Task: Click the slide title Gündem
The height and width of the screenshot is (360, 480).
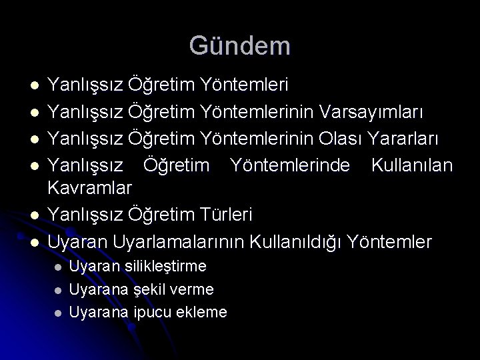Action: [239, 45]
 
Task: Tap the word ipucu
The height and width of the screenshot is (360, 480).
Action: [153, 311]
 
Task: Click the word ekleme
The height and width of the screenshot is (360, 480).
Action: [203, 311]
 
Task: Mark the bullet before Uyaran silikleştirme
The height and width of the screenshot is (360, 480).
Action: [58, 267]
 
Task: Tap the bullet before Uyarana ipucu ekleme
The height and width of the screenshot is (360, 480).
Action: [58, 312]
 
